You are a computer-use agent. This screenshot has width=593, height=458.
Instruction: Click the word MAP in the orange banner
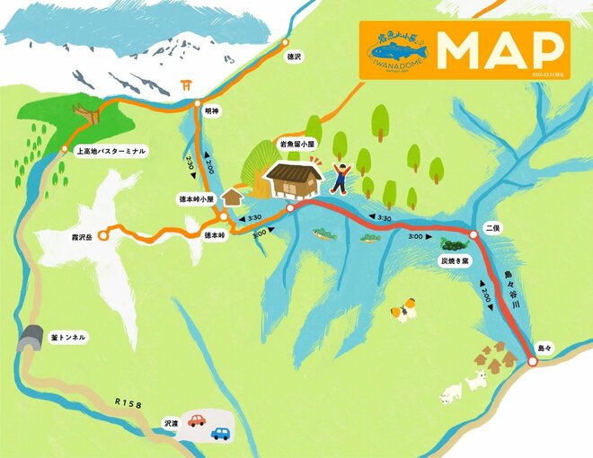(x=503, y=51)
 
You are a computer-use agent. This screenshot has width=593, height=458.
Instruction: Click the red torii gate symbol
(x=187, y=86)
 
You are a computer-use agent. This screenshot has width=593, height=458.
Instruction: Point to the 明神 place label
(x=213, y=110)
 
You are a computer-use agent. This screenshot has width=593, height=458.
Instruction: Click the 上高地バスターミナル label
(x=111, y=152)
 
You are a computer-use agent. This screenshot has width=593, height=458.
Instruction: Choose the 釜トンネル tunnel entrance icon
(x=31, y=338)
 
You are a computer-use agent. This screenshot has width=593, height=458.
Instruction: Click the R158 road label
(x=128, y=405)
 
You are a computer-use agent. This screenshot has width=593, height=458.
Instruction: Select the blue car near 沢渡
(x=220, y=434)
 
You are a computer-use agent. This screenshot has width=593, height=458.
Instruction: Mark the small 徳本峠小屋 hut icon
(x=233, y=196)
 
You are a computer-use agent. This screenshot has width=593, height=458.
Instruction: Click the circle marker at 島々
(x=532, y=362)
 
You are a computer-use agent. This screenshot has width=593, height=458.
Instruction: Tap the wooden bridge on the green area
(x=87, y=114)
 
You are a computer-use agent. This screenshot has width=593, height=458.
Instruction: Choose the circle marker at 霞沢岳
(x=102, y=235)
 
